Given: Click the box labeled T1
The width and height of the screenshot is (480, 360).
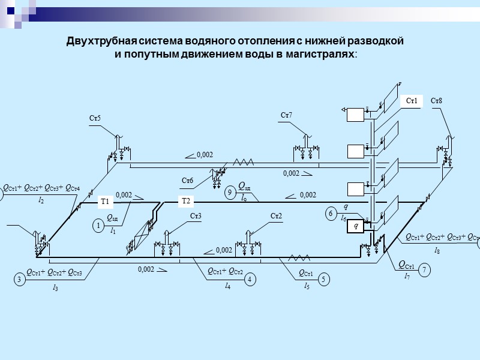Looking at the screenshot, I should point(105,202).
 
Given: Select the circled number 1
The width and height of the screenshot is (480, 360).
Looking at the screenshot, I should point(98,226).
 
